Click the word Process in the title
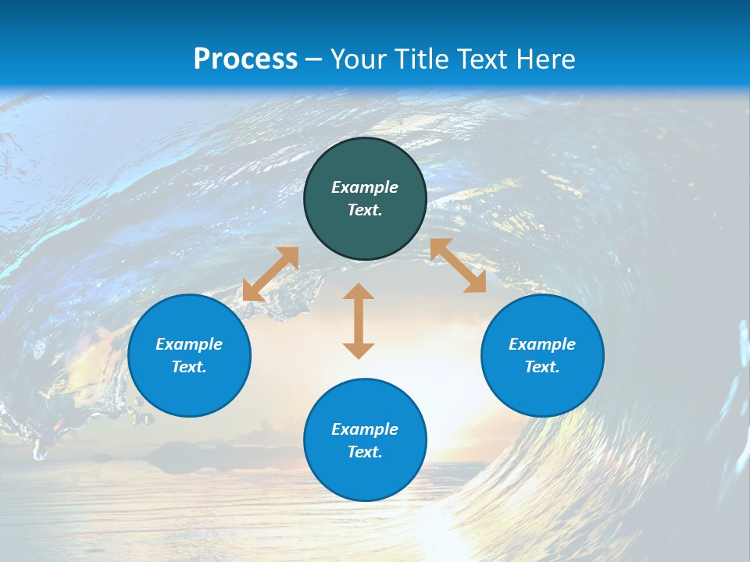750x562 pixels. [x=245, y=59]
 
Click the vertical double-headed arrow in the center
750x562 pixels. [x=359, y=321]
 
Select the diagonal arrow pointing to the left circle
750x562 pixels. [x=270, y=274]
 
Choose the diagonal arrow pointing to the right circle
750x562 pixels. [x=458, y=265]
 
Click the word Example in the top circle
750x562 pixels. [x=365, y=187]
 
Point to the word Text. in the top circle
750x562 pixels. [x=365, y=210]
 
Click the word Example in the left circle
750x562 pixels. [x=189, y=344]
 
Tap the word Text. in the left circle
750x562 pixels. [x=189, y=367]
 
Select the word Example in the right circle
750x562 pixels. [x=542, y=344]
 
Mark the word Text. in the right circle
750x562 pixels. [x=542, y=367]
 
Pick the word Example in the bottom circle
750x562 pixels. [x=365, y=429]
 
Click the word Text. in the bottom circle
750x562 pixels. [x=365, y=452]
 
